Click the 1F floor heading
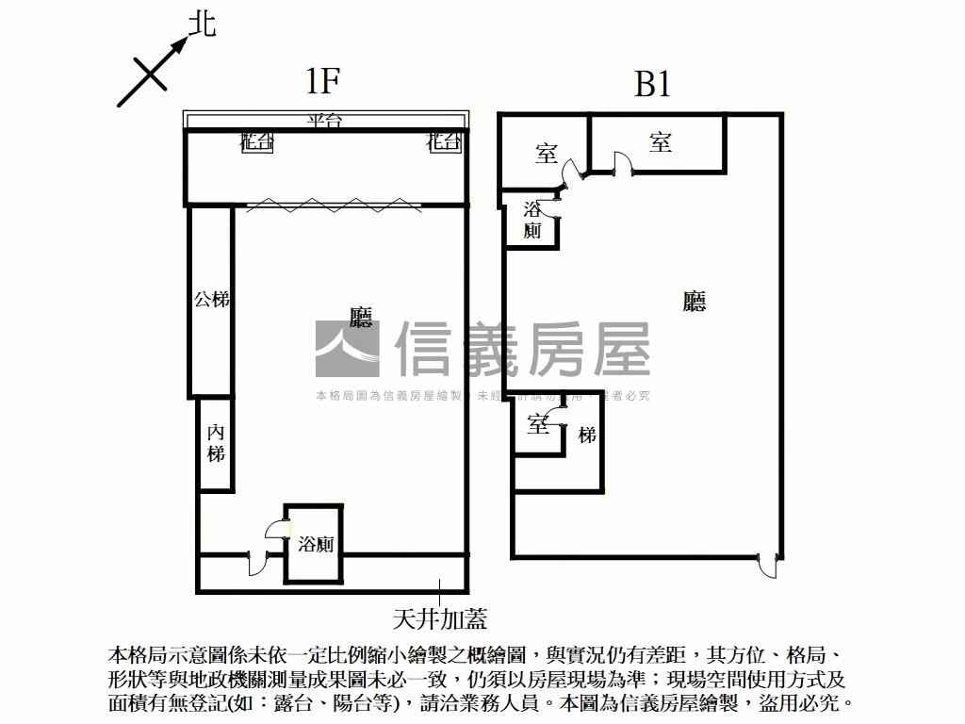(322, 83)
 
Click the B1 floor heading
(652, 85)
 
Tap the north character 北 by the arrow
(202, 25)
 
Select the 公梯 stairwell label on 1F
(211, 301)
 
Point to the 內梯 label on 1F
(217, 443)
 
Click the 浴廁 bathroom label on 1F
(316, 544)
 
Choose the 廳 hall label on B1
(695, 302)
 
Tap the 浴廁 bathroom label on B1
(532, 220)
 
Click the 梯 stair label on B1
(587, 435)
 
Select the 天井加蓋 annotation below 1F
(440, 618)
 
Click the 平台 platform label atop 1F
(324, 121)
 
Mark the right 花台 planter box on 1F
(444, 143)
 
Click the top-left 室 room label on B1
(547, 154)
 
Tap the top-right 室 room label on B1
(660, 143)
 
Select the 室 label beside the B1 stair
(538, 426)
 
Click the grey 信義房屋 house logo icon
(347, 349)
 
